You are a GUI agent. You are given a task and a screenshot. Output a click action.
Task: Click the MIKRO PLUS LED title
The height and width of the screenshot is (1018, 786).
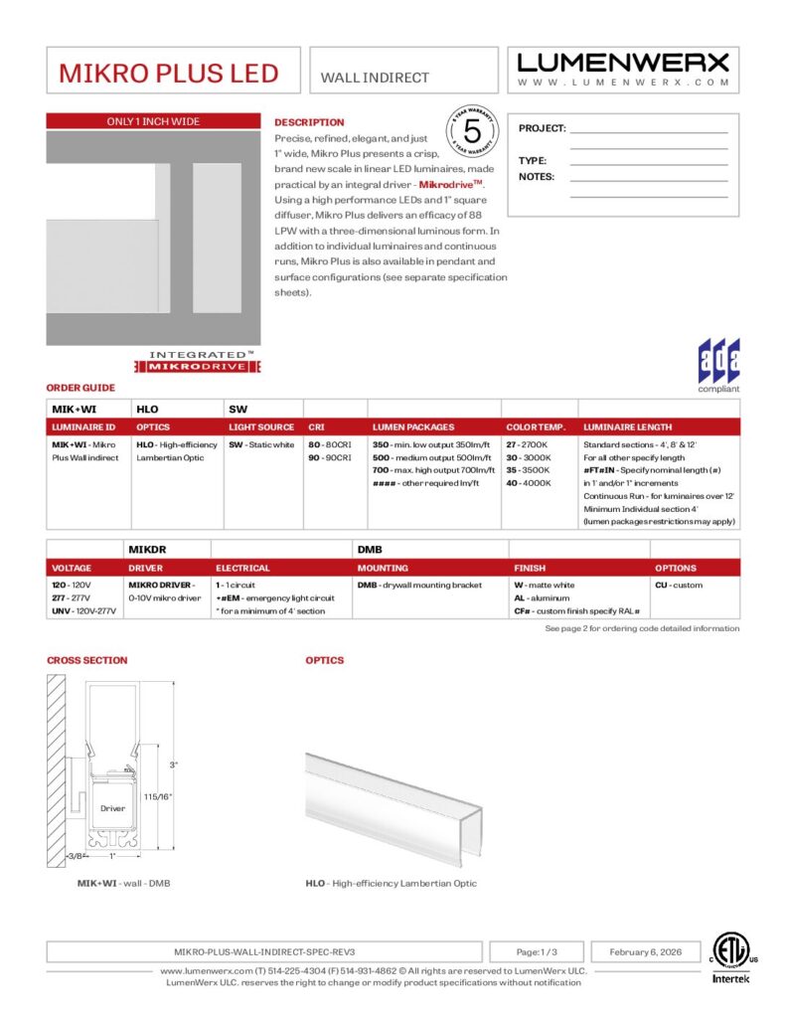click(x=168, y=74)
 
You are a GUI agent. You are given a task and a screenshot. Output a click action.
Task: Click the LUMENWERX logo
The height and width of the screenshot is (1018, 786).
click(x=623, y=63)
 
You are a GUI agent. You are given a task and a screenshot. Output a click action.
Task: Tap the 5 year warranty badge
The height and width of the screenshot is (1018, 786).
click(x=472, y=131)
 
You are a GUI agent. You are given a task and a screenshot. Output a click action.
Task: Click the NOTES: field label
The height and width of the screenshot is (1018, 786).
click(x=537, y=177)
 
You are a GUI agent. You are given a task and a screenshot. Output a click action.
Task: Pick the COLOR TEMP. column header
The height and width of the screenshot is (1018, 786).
click(x=536, y=427)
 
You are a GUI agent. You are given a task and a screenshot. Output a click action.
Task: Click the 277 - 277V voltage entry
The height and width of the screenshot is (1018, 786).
click(x=70, y=598)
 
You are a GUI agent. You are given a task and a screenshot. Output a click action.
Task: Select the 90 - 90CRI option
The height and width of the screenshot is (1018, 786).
click(x=329, y=457)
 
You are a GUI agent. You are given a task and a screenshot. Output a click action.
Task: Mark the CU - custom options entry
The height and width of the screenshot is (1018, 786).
click(x=679, y=586)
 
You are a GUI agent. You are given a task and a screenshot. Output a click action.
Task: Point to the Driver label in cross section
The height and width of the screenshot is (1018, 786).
click(x=112, y=808)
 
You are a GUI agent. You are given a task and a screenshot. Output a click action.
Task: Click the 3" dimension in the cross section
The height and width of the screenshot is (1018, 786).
click(x=173, y=764)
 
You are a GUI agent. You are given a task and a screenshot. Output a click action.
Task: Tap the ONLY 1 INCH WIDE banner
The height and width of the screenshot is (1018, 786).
click(x=153, y=122)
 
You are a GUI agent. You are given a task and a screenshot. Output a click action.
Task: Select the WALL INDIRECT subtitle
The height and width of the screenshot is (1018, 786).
click(x=375, y=78)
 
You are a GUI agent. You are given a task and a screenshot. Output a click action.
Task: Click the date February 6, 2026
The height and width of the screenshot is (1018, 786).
click(x=645, y=951)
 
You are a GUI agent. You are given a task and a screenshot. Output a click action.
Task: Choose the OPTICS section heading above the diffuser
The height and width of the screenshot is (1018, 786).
click(x=325, y=660)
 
